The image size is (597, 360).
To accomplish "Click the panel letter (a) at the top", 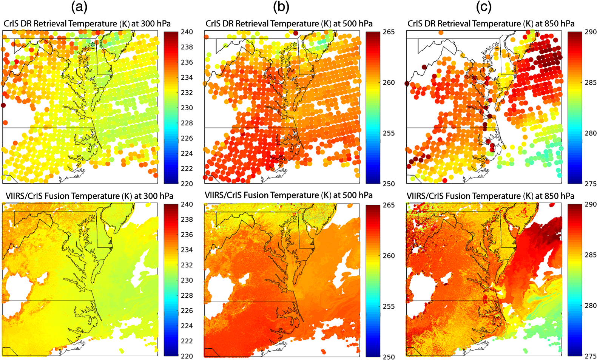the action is pos(79,8).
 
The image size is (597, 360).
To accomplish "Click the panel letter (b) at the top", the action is pos(281,8).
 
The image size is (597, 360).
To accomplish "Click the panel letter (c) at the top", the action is pos(483,8).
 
